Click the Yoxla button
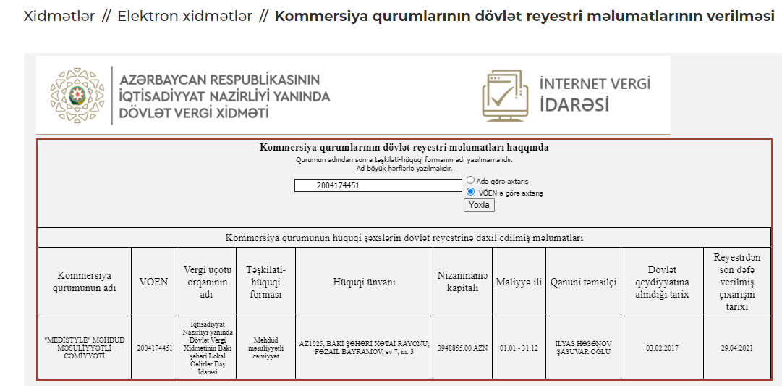(x=479, y=205)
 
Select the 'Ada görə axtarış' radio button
(x=471, y=180)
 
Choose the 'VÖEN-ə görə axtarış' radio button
(x=471, y=193)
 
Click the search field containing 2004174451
(x=378, y=185)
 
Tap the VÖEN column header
(x=153, y=282)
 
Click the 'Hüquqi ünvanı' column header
(x=364, y=282)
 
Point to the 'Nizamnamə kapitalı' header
(x=462, y=282)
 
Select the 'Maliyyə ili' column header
(x=519, y=282)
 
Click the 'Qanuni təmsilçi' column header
(x=583, y=282)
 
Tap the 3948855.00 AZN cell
(x=462, y=348)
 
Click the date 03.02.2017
(x=662, y=348)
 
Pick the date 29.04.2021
(x=736, y=348)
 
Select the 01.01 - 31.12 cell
(x=519, y=348)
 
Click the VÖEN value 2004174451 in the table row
(x=155, y=348)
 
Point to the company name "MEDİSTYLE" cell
(x=84, y=348)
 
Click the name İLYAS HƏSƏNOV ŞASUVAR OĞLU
(x=583, y=348)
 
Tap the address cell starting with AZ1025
(x=364, y=348)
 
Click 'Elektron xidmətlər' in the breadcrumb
(x=185, y=16)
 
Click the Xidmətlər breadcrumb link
(x=59, y=16)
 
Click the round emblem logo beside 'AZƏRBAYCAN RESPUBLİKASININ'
(x=77, y=96)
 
